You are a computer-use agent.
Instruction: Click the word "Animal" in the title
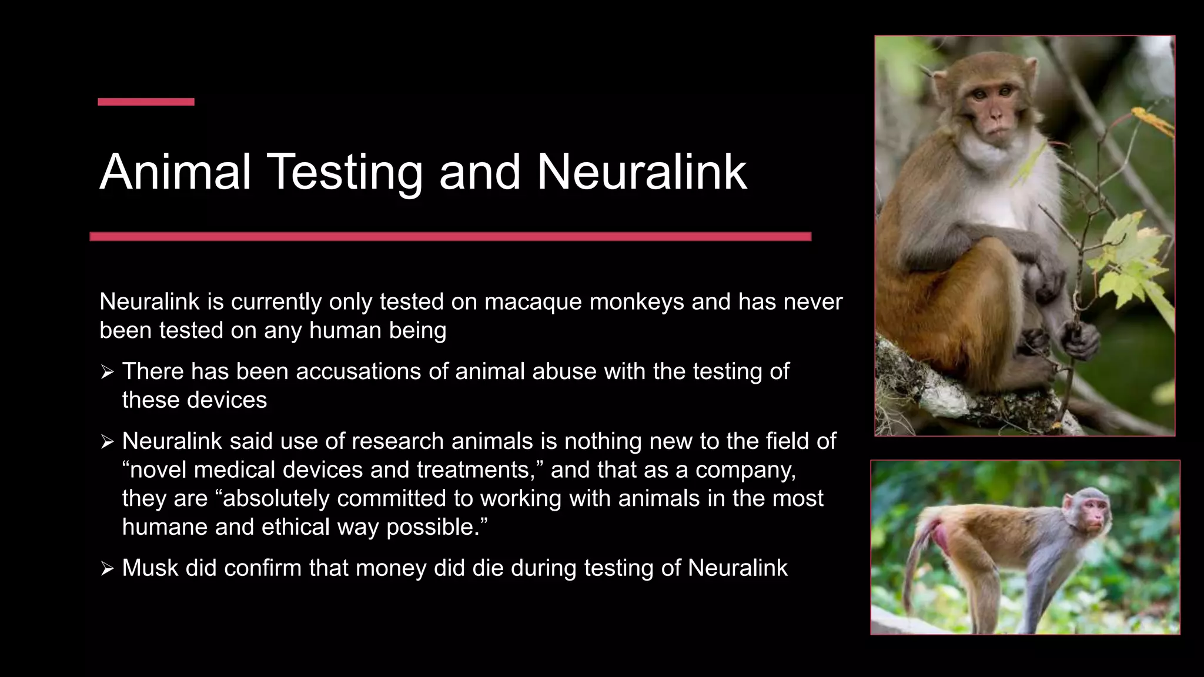[176, 172]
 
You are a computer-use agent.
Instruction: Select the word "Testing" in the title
[346, 173]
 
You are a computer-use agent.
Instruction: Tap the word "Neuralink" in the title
[641, 172]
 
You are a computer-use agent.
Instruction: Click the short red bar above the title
[146, 102]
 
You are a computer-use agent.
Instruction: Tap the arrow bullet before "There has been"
[106, 372]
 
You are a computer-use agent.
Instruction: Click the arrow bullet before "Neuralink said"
[106, 442]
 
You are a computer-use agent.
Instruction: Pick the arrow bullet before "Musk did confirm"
[106, 569]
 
